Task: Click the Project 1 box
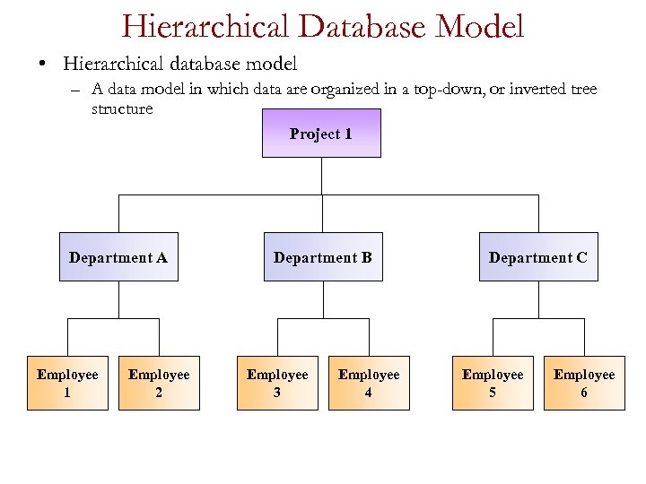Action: (x=321, y=134)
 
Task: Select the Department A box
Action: (x=118, y=257)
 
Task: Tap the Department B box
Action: (x=322, y=257)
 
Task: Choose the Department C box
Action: (x=538, y=257)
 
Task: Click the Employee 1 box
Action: (x=67, y=383)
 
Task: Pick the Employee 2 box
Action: (x=159, y=383)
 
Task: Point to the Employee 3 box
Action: (x=277, y=383)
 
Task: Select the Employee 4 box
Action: (x=369, y=383)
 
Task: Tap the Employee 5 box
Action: (x=493, y=383)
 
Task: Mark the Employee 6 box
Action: (x=584, y=383)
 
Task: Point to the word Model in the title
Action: (x=481, y=26)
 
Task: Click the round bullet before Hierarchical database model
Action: (x=42, y=65)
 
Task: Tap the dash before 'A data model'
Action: (x=77, y=90)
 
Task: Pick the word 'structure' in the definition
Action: (x=122, y=108)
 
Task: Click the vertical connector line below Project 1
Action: (x=322, y=176)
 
